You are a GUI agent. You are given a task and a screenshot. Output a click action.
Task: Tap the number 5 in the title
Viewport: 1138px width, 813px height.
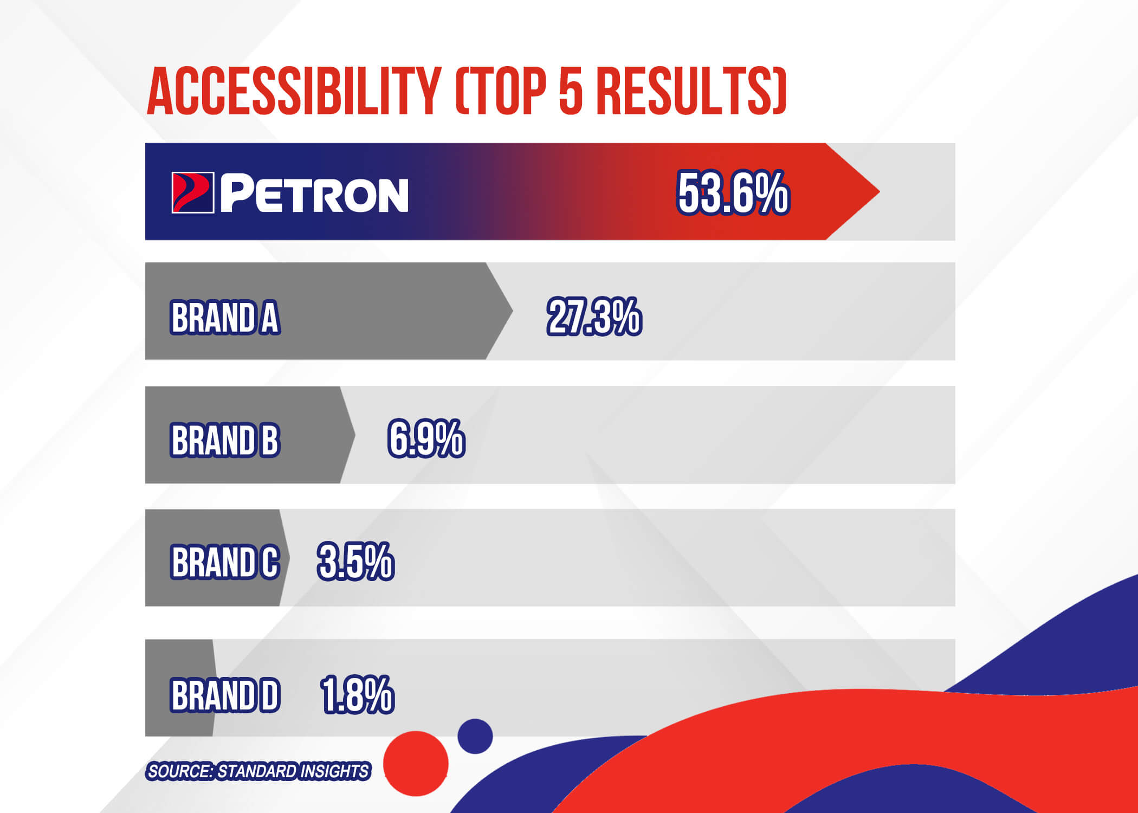click(x=570, y=91)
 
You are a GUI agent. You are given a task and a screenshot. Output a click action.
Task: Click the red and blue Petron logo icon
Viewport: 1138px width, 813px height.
click(x=193, y=192)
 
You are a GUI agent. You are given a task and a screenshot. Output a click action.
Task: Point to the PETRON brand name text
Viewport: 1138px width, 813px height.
click(x=314, y=193)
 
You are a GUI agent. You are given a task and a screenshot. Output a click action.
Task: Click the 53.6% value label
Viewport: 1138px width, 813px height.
click(x=733, y=193)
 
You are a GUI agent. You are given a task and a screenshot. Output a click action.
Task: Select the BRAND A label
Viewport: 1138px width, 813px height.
click(x=225, y=318)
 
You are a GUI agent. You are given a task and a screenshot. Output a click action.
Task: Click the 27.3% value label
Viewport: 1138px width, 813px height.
click(x=594, y=317)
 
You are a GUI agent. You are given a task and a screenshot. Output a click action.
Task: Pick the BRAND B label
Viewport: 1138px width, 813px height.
click(x=225, y=440)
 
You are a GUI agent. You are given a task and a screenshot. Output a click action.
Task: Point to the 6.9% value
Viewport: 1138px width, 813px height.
click(x=426, y=438)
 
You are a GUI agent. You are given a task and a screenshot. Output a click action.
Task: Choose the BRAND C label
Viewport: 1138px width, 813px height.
click(x=225, y=562)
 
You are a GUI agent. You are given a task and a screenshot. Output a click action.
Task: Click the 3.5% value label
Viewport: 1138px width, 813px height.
click(x=356, y=562)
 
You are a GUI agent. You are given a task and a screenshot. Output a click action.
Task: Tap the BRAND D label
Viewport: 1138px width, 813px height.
click(x=225, y=695)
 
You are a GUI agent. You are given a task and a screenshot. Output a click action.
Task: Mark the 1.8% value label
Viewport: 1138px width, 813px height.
click(x=358, y=695)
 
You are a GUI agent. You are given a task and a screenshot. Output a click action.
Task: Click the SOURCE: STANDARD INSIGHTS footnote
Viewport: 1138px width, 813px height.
click(x=258, y=771)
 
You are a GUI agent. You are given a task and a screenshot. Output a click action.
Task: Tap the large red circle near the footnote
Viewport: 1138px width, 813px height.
click(x=416, y=764)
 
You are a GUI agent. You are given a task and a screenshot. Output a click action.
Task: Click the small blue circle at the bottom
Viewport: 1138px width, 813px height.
click(x=475, y=737)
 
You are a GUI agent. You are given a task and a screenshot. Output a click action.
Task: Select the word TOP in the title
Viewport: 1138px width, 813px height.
click(x=505, y=91)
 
